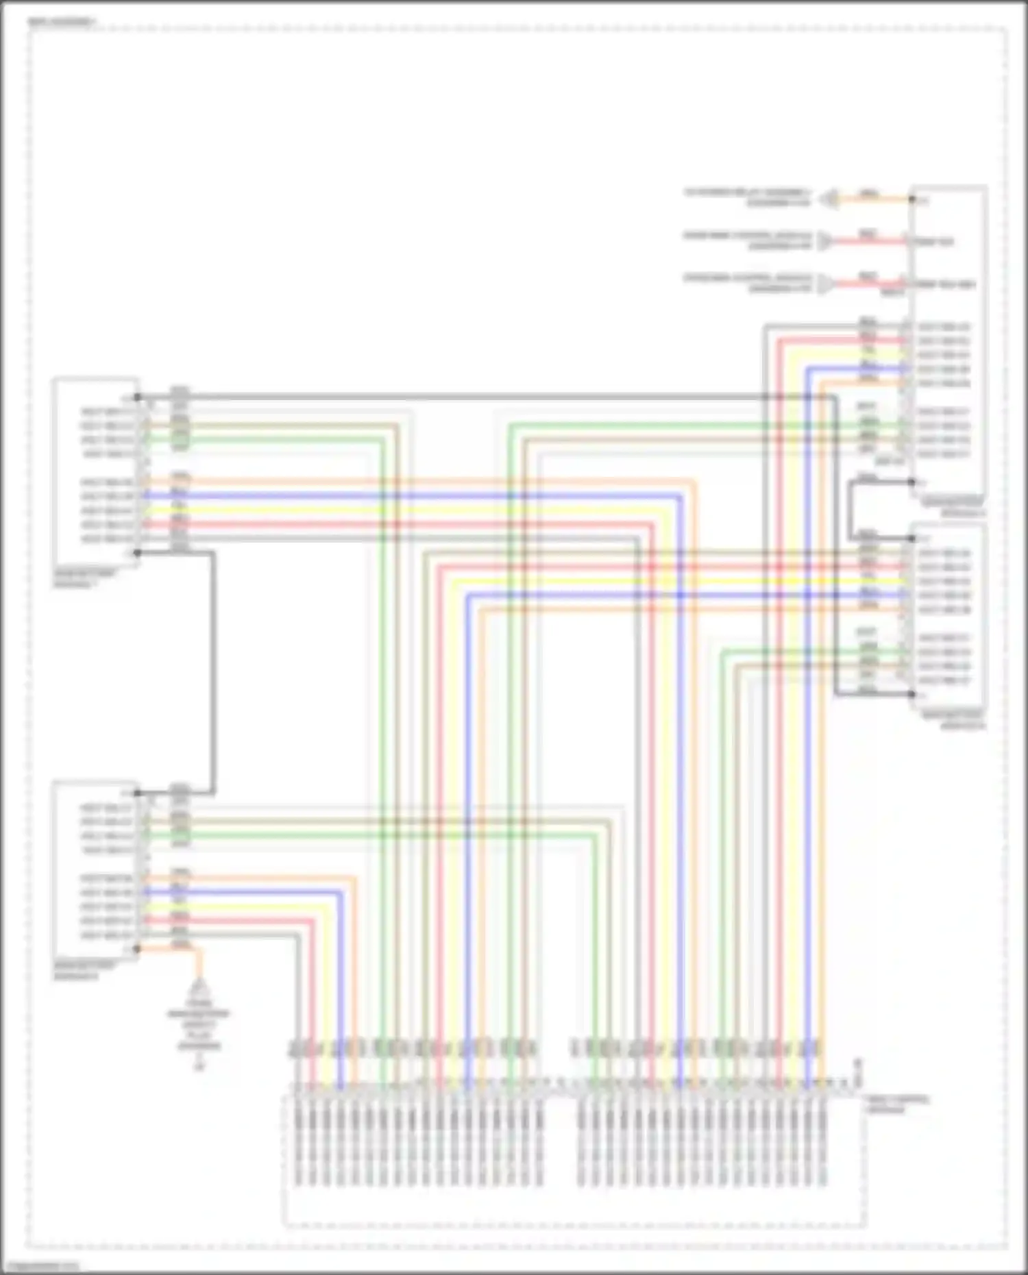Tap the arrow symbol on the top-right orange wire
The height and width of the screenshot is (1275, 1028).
830,199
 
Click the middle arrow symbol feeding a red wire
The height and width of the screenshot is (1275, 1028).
826,241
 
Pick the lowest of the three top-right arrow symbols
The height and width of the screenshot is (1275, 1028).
826,284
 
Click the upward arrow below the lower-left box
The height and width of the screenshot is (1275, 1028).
199,987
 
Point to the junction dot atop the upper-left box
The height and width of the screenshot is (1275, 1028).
137,397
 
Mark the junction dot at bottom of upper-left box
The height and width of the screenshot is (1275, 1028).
137,553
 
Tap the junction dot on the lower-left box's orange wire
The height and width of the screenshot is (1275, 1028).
137,949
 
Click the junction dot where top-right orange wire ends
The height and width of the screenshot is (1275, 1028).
912,199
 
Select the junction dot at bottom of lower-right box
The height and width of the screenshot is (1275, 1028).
912,694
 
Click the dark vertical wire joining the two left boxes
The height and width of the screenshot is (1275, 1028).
214,671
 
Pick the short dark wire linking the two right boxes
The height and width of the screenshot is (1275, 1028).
850,510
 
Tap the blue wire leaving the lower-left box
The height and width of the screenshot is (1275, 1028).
274,893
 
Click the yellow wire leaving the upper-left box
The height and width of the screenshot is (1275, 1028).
343,510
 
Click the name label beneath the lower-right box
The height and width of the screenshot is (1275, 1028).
953,719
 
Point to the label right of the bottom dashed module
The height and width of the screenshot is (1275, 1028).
898,1104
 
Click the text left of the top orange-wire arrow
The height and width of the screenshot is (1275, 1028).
747,197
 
